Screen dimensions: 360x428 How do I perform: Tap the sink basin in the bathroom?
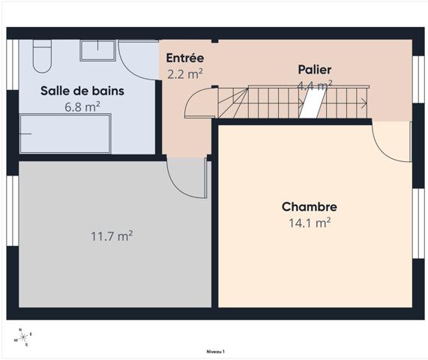(97, 50)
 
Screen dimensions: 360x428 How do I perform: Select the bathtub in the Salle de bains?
(64, 133)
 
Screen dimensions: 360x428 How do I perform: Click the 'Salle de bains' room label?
(82, 91)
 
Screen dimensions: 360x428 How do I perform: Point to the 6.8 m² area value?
(82, 106)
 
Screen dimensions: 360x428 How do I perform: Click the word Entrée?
(185, 58)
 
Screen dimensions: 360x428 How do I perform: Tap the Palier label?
(314, 70)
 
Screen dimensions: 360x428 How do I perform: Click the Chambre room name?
(309, 207)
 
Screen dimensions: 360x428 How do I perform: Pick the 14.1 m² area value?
(309, 223)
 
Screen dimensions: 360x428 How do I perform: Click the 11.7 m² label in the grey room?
(112, 236)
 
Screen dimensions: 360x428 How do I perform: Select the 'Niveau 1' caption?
(215, 351)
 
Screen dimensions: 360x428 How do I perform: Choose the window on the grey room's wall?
(12, 211)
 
